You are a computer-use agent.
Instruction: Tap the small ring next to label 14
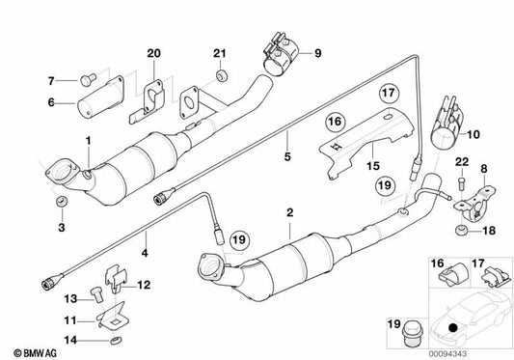[x=111, y=341]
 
